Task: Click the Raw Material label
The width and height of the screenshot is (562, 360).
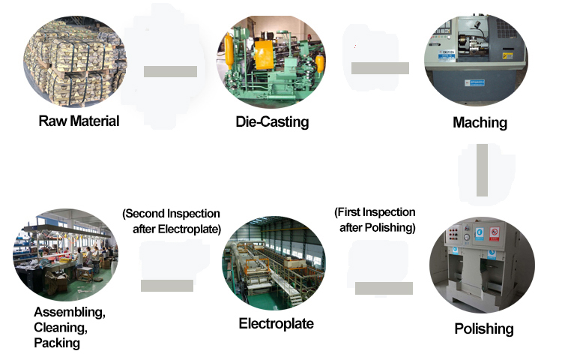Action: click(79, 121)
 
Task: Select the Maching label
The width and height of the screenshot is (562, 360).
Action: click(480, 122)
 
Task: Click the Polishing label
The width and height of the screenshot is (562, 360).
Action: click(484, 328)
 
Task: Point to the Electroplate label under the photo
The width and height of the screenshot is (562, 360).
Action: click(276, 324)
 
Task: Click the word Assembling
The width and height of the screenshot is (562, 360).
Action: click(70, 311)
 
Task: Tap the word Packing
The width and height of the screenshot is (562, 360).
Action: click(57, 343)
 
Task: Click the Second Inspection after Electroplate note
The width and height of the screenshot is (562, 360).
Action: click(172, 221)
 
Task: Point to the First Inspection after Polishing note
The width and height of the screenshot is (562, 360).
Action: click(375, 220)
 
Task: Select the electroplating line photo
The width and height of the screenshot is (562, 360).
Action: click(274, 264)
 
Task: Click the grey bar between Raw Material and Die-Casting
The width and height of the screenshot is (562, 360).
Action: click(170, 72)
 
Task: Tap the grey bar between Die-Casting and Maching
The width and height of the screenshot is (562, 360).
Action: click(380, 68)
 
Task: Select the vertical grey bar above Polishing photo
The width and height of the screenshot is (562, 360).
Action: click(483, 170)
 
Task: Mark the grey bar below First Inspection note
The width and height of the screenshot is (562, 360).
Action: click(384, 288)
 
